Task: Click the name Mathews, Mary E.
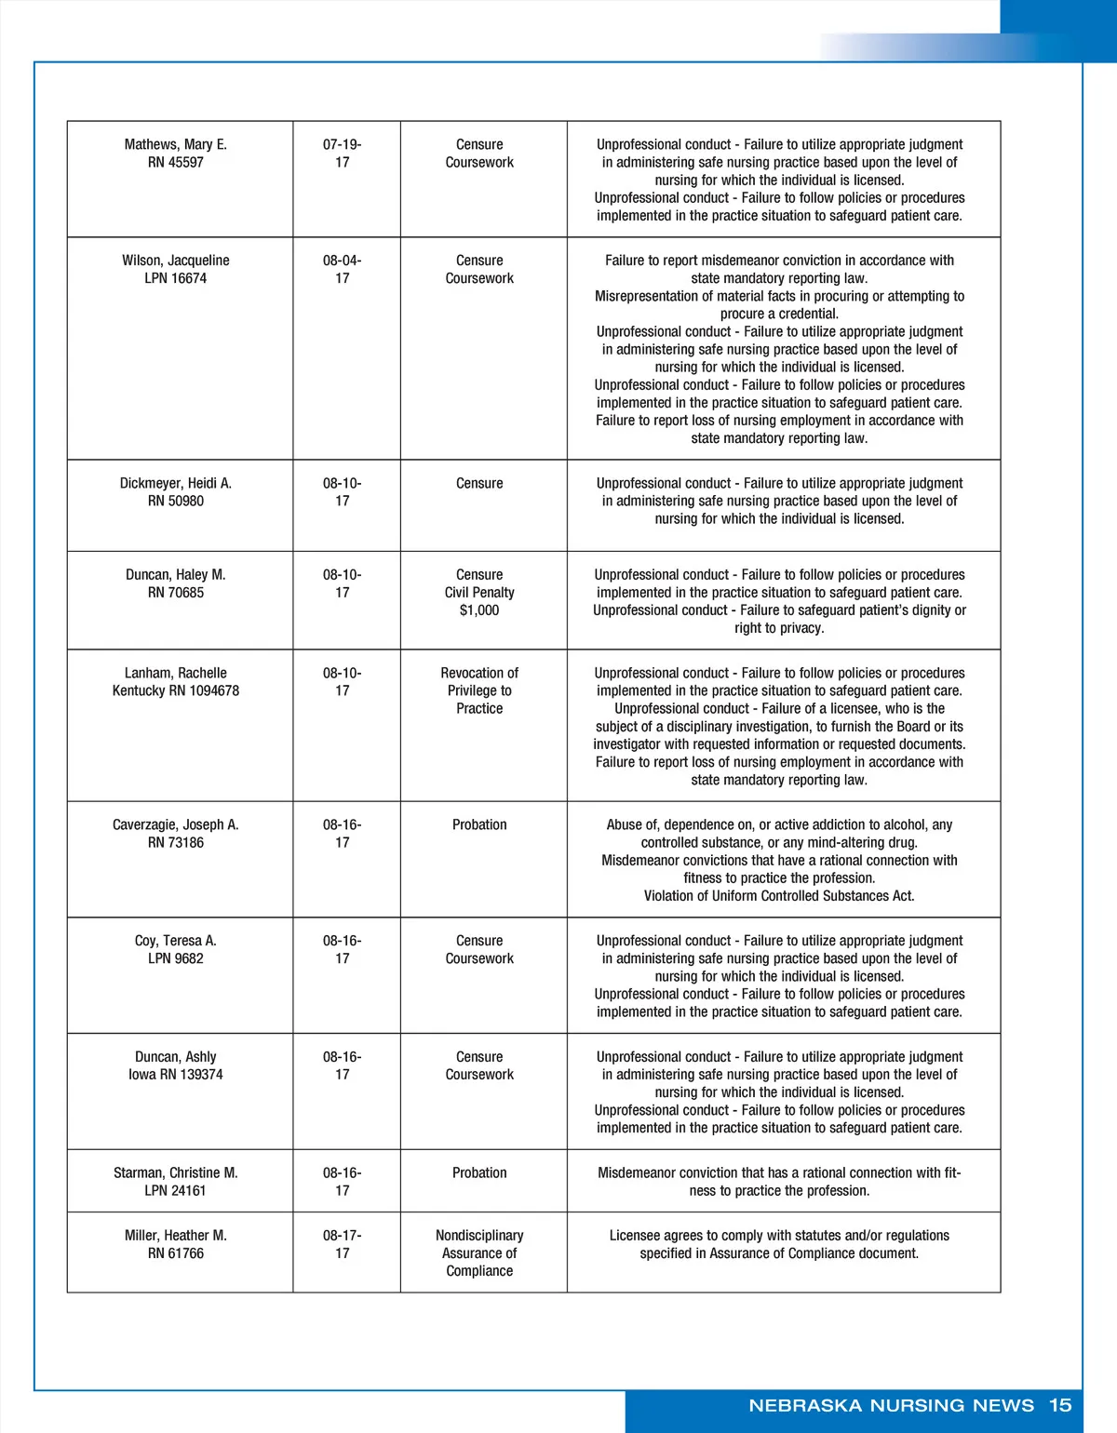(x=175, y=144)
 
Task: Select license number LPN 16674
(x=175, y=278)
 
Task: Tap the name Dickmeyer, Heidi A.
(x=175, y=483)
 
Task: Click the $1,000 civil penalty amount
(x=479, y=610)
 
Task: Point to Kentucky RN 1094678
(x=175, y=690)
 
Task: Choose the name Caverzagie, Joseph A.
(x=175, y=824)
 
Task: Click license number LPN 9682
(x=175, y=958)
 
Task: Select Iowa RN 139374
(x=175, y=1075)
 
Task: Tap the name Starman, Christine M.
(x=175, y=1172)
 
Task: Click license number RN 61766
(x=175, y=1253)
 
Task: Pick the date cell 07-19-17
(x=343, y=154)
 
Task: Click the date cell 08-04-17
(x=343, y=270)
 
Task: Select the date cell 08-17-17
(x=343, y=1244)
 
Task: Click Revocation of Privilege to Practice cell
(x=479, y=690)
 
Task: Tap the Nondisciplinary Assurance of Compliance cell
(x=479, y=1252)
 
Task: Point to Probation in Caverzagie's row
(x=479, y=824)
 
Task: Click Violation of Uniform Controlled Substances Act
(x=779, y=896)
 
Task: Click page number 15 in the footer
(x=1060, y=1405)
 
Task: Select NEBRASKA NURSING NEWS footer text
(x=891, y=1405)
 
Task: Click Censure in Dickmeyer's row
(x=479, y=483)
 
